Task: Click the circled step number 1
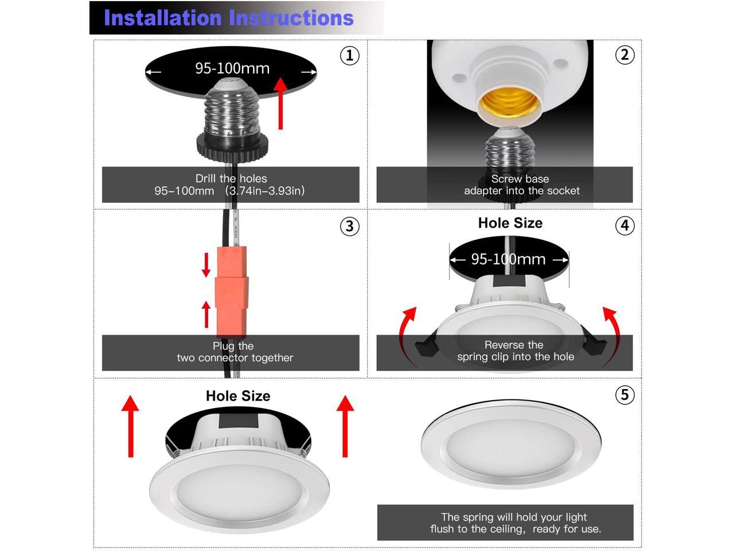point(350,56)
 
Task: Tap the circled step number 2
point(624,55)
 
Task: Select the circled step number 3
point(350,226)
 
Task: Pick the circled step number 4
point(624,226)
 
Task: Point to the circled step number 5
point(624,395)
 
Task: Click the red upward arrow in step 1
point(280,103)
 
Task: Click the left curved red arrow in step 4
point(407,333)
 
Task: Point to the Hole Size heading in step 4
point(510,223)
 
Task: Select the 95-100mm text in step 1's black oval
point(232,68)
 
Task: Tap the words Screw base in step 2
point(520,179)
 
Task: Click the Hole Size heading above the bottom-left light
point(238,396)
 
